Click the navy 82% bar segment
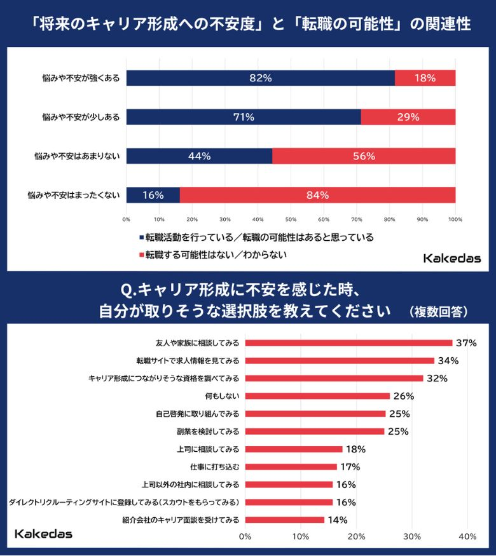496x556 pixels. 261,78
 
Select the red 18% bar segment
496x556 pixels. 425,78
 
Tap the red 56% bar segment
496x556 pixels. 364,156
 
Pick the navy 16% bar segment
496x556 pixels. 153,195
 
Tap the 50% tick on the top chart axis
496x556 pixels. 291,219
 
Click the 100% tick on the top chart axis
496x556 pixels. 455,219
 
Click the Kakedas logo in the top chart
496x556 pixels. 451,258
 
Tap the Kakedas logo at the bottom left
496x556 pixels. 43,533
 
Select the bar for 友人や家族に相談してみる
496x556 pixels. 348,343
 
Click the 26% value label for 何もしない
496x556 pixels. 403,396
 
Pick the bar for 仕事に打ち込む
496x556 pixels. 291,466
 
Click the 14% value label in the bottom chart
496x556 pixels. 337,520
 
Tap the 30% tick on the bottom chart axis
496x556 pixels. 412,537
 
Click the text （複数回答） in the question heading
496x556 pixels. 439,311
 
